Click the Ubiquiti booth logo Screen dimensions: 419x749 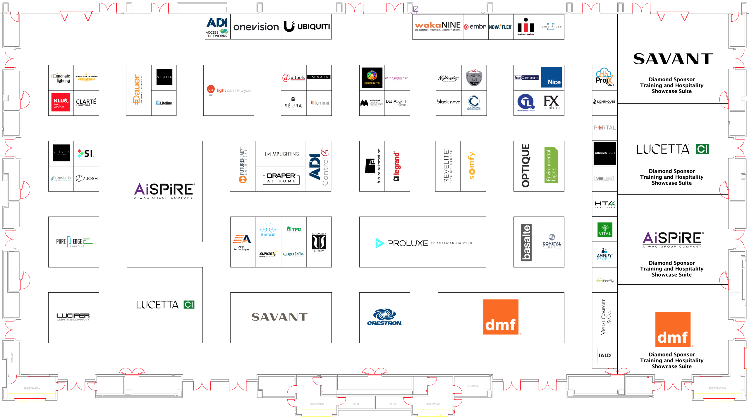pos(306,27)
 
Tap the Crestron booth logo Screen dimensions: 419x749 pos(384,317)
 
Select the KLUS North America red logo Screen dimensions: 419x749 pos(61,102)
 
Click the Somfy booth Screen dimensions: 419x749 pos(473,166)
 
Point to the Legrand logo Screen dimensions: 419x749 pos(397,166)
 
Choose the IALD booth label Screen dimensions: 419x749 pos(604,356)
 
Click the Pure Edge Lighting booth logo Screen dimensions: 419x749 pos(74,242)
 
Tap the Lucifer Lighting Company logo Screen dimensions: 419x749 pos(73,317)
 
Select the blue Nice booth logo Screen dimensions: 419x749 pos(551,77)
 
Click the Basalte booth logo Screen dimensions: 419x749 pos(526,242)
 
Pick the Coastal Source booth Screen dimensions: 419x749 pos(552,242)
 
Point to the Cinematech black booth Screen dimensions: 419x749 pos(604,153)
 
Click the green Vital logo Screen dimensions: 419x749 pos(605,230)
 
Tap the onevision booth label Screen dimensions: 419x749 pos(256,27)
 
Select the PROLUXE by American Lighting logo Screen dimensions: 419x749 pos(423,243)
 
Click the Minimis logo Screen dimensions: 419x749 pos(526,27)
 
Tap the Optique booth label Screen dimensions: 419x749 pos(526,166)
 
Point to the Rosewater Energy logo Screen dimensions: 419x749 pos(319,242)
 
